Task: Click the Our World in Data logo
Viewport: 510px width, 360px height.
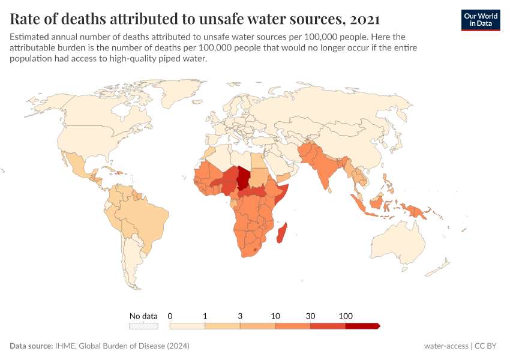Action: pyautogui.click(x=480, y=19)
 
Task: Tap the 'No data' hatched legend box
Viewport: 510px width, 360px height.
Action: pyautogui.click(x=144, y=326)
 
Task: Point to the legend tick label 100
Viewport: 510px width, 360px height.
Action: pyautogui.click(x=346, y=316)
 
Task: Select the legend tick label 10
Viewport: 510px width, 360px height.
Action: pyautogui.click(x=275, y=316)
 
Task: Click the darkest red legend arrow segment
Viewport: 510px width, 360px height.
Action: pyautogui.click(x=362, y=326)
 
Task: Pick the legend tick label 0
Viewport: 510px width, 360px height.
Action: pyautogui.click(x=170, y=316)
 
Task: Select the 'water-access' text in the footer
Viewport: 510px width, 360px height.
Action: pyautogui.click(x=446, y=346)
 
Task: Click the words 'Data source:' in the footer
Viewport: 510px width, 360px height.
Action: pyautogui.click(x=31, y=346)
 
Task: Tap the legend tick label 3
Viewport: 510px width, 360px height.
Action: pyautogui.click(x=240, y=316)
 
